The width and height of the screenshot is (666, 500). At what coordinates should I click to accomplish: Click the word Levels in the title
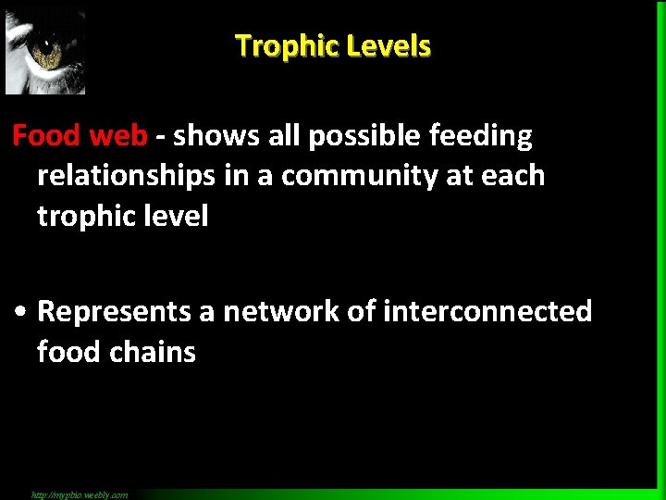(389, 45)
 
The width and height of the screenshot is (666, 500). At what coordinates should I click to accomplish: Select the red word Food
(46, 136)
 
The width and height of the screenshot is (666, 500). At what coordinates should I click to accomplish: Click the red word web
(117, 136)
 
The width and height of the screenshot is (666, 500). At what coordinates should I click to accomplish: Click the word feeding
(485, 136)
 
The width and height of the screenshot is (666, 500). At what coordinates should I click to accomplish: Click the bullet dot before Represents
(21, 312)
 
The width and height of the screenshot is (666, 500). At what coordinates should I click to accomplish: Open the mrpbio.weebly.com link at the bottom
(80, 494)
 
